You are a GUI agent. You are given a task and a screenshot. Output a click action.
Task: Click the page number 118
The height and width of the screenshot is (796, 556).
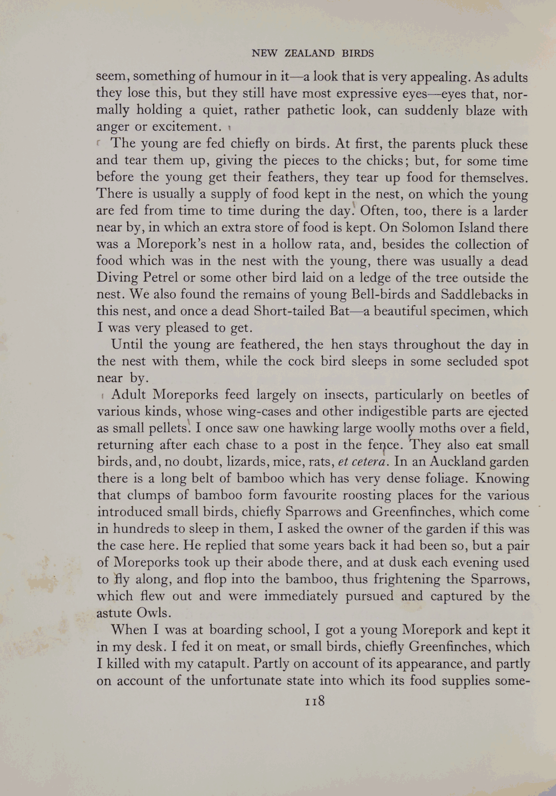pyautogui.click(x=314, y=701)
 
